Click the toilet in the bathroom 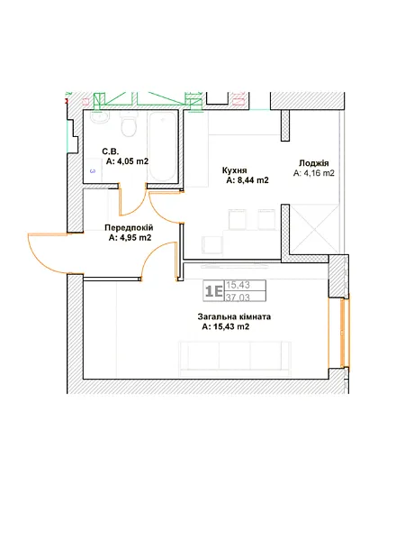coord(128,124)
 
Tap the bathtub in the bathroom coord(162,147)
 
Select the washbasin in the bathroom coord(100,118)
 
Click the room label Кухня coord(234,170)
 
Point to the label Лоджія coord(313,163)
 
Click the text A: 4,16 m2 coord(313,173)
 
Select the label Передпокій coord(129,227)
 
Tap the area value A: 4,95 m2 coord(130,237)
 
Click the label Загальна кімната coord(234,316)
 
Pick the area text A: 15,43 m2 coord(225,326)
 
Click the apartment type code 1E coord(213,291)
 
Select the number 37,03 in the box coord(238,297)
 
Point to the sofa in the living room coord(235,359)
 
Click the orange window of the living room coord(344,333)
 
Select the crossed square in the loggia coord(314,229)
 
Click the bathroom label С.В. coord(111,151)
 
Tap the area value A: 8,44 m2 coord(247,180)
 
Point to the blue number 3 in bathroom coord(93,171)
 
